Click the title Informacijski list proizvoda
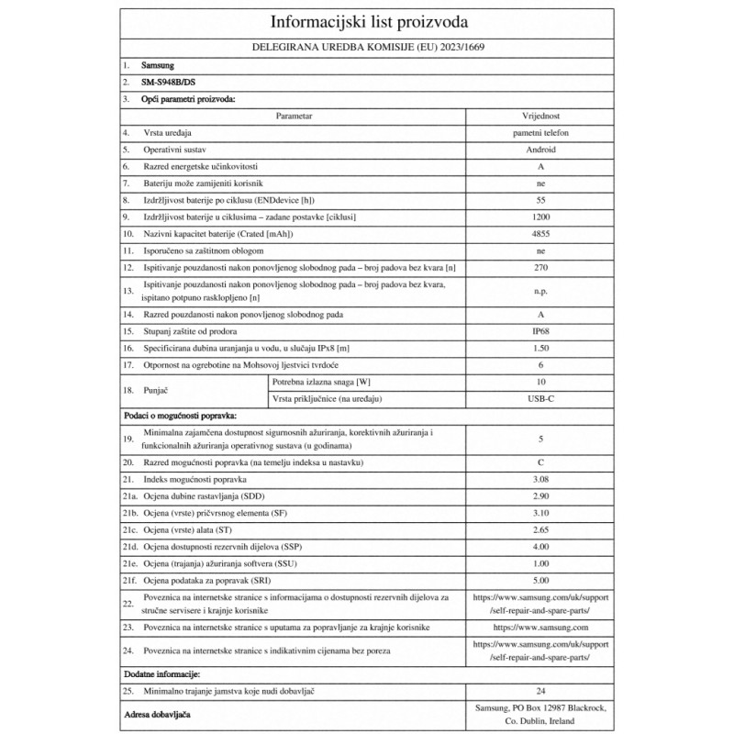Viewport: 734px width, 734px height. click(x=366, y=23)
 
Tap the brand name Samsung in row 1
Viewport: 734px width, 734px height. click(x=158, y=66)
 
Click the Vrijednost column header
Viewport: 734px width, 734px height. click(x=539, y=117)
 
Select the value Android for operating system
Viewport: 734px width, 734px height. click(x=539, y=150)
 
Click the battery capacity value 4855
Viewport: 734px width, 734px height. click(x=539, y=233)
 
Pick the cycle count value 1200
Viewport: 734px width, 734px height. click(x=539, y=217)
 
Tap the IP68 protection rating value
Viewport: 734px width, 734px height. click(x=539, y=331)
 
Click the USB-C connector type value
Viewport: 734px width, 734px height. click(x=539, y=397)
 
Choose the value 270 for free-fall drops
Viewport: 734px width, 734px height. click(x=539, y=267)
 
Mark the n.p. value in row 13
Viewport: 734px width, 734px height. click(x=539, y=291)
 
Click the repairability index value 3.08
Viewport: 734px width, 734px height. click(x=539, y=480)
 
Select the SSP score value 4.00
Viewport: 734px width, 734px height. click(x=539, y=546)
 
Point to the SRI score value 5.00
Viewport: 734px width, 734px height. click(x=539, y=579)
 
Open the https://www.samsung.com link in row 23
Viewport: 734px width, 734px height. click(x=539, y=628)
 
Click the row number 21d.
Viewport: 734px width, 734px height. click(x=132, y=546)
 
